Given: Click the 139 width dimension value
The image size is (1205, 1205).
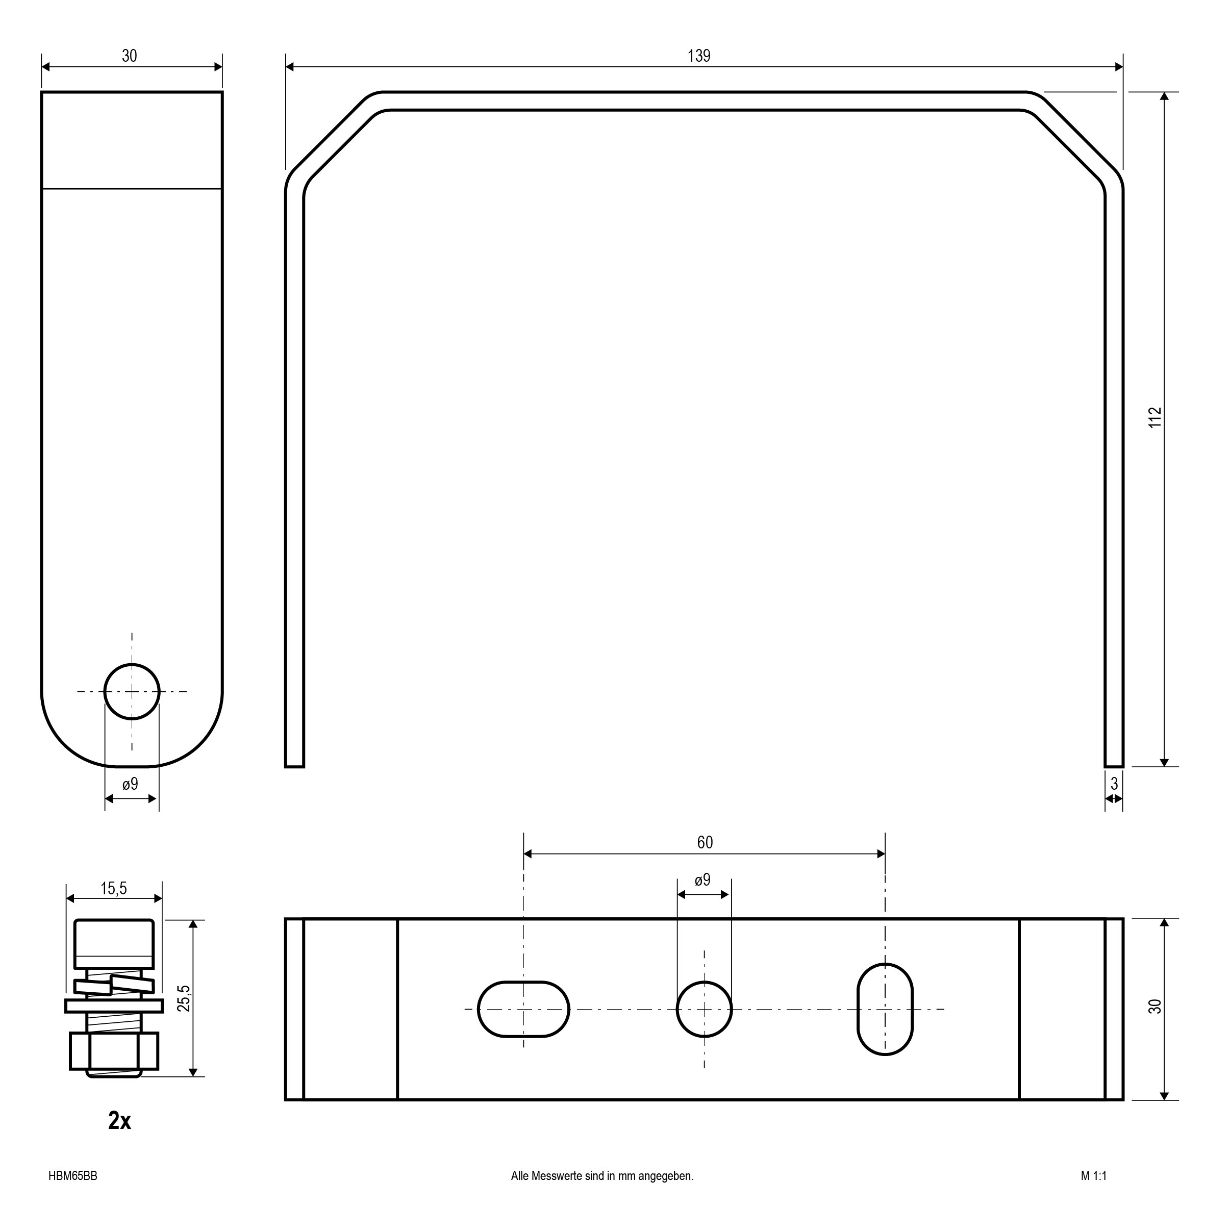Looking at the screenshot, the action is coord(698,56).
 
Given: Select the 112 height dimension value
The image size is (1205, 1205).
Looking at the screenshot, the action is coord(1155,417).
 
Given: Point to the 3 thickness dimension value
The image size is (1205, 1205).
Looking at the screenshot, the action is coord(1114,783).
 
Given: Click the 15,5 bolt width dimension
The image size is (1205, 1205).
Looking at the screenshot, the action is coord(114,889).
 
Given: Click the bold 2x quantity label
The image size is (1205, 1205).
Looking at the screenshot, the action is coord(119,1121).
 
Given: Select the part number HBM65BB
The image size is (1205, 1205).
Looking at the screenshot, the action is coord(72,1176).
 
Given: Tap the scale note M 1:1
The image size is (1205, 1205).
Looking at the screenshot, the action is coord(1093,1176).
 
